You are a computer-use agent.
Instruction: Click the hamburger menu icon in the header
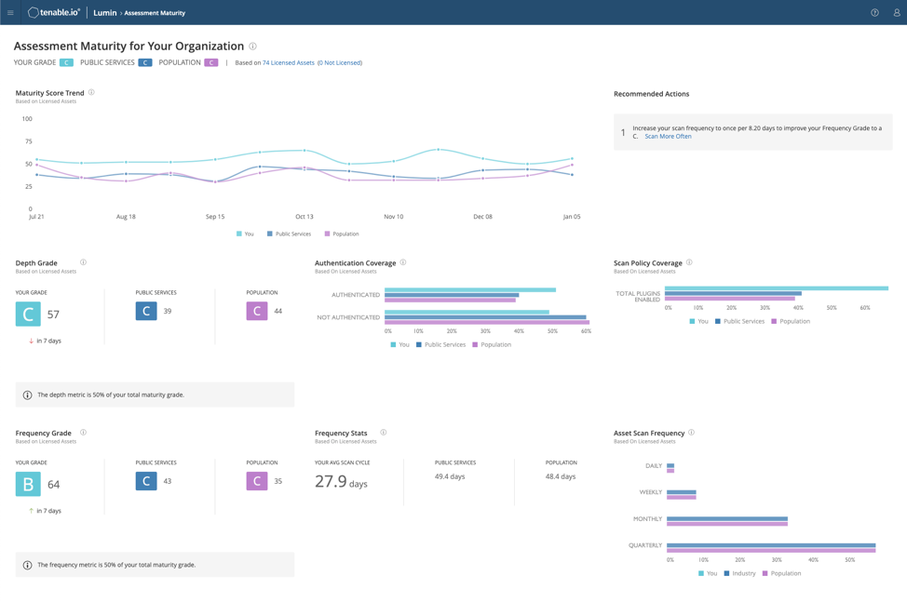(x=10, y=13)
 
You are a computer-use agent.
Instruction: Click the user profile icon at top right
(x=896, y=13)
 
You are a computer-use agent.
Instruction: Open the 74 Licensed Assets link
(x=288, y=63)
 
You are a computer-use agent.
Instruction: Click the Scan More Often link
(x=668, y=137)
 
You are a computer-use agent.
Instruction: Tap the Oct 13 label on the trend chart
(x=304, y=217)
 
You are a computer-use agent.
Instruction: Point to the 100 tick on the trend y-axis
(x=27, y=119)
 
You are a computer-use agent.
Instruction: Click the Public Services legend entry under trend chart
(x=289, y=234)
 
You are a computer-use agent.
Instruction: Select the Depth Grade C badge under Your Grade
(x=28, y=314)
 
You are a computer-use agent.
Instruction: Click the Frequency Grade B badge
(x=28, y=484)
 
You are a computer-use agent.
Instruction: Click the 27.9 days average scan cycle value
(x=341, y=482)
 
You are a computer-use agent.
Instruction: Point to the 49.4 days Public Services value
(x=450, y=476)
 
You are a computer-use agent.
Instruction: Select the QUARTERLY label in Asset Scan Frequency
(x=644, y=546)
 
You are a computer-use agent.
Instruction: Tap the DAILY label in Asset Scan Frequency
(x=653, y=466)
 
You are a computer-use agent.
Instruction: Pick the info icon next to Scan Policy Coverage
(x=689, y=263)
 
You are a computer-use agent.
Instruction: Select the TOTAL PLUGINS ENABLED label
(x=638, y=297)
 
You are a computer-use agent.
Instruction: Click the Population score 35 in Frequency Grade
(x=278, y=482)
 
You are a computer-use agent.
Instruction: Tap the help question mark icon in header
(x=874, y=13)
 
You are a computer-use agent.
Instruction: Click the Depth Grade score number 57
(x=53, y=314)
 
